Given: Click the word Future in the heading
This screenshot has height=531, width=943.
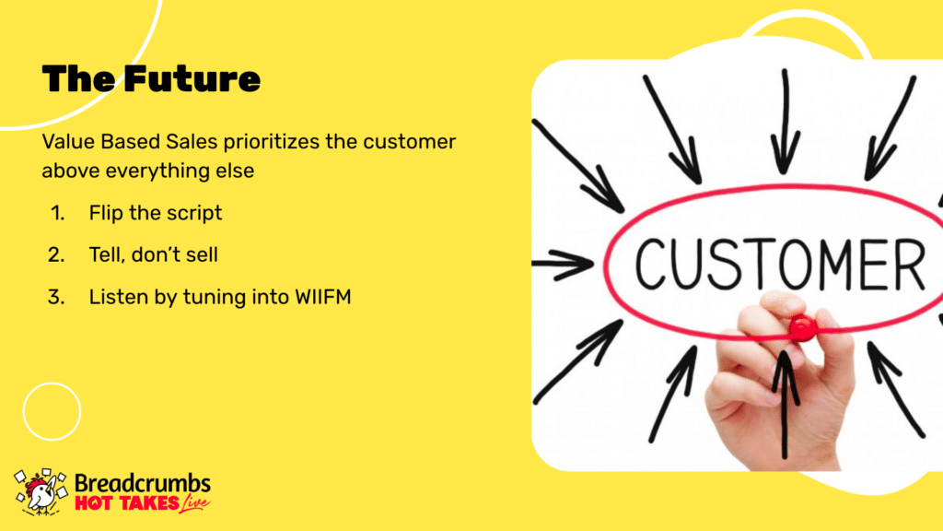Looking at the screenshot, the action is (x=192, y=79).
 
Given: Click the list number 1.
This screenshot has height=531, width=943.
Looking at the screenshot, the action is (x=57, y=213).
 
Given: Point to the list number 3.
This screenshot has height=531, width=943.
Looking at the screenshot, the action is (x=56, y=298).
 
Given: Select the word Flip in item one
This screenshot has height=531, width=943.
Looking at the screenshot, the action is (x=106, y=213).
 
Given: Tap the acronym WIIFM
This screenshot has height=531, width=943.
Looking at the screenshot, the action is (x=323, y=298).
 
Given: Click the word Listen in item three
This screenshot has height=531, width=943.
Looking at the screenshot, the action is (x=119, y=298).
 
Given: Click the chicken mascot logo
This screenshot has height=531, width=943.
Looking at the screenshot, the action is (x=41, y=492).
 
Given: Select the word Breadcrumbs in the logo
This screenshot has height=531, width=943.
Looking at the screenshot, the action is (x=143, y=483).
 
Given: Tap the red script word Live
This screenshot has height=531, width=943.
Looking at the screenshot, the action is (x=195, y=503).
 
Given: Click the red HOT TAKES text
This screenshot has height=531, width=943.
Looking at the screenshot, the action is (x=127, y=503).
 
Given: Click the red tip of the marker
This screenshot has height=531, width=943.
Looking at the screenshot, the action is (x=802, y=327).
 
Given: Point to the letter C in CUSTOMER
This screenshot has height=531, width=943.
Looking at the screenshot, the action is (x=653, y=264).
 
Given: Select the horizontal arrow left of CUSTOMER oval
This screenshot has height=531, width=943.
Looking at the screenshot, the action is (x=563, y=264).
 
